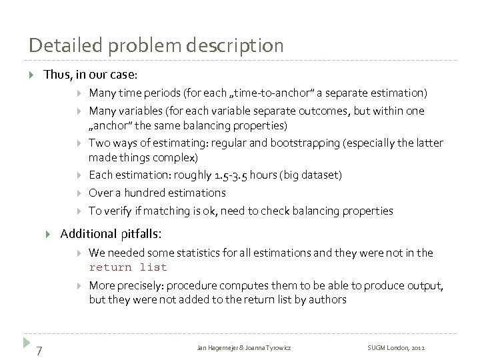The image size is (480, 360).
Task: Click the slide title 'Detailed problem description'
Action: (156, 45)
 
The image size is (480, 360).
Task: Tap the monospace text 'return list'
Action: (128, 267)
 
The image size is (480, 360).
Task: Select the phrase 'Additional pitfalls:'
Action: (110, 234)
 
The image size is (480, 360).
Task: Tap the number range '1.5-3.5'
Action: (234, 175)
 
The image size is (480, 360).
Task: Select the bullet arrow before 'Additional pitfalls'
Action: (48, 234)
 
